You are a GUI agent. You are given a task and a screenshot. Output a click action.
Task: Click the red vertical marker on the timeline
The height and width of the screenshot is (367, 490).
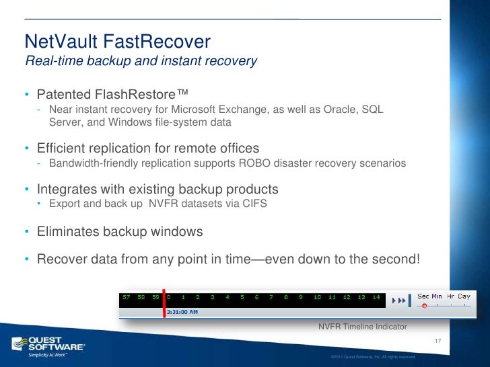(164, 304)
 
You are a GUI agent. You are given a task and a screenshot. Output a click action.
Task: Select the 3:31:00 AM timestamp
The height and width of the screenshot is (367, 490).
(182, 312)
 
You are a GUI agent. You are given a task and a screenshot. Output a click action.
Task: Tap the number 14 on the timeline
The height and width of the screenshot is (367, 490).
(376, 296)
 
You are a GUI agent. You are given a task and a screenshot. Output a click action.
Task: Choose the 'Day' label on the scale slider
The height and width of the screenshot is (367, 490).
(464, 296)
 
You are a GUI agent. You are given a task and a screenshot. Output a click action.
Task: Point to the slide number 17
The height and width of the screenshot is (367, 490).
(438, 342)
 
